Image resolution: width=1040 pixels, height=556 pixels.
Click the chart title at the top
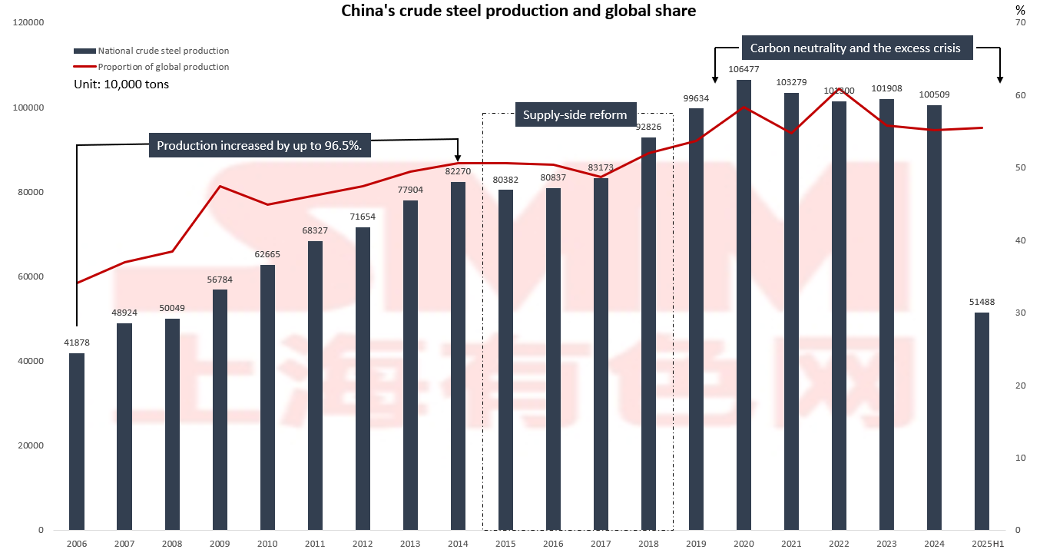click(518, 11)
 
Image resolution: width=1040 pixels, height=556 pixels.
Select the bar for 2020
click(744, 307)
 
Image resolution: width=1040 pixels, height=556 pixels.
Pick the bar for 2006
click(77, 442)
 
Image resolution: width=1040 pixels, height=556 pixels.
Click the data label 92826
click(649, 127)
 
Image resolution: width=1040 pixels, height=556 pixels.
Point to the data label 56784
click(220, 280)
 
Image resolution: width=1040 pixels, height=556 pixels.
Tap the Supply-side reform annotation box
click(575, 115)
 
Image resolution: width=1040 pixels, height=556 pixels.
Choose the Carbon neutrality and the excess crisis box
click(855, 48)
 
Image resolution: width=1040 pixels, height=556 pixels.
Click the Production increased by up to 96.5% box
click(259, 146)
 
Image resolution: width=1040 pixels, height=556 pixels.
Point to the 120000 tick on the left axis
click(29, 23)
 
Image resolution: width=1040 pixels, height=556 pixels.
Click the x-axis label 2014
click(458, 544)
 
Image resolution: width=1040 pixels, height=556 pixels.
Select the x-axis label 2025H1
click(982, 544)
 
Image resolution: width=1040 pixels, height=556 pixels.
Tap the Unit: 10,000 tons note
click(121, 84)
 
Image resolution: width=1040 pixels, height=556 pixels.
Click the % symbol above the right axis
click(1019, 10)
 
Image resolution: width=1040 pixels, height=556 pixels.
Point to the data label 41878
click(77, 343)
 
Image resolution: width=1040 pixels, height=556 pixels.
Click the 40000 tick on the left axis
click(31, 361)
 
